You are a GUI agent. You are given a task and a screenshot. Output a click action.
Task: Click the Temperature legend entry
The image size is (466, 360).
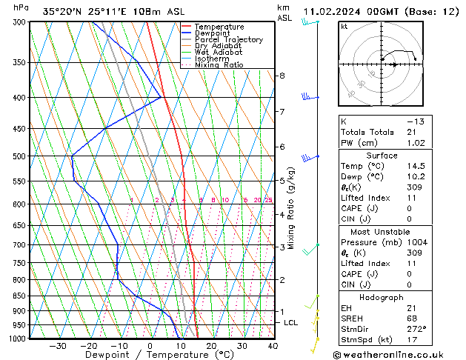pyautogui.click(x=220, y=27)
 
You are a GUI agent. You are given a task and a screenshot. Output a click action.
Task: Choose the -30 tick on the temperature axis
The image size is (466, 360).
pyautogui.click(x=58, y=346)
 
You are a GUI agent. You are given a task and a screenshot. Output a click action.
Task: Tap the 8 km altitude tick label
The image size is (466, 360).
pyautogui.click(x=282, y=76)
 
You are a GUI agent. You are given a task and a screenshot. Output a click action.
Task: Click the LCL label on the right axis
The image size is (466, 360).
pyautogui.click(x=290, y=323)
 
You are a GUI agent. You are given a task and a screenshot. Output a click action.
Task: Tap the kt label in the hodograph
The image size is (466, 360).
pyautogui.click(x=344, y=26)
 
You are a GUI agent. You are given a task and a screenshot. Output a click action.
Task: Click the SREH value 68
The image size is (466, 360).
pyautogui.click(x=413, y=319)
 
